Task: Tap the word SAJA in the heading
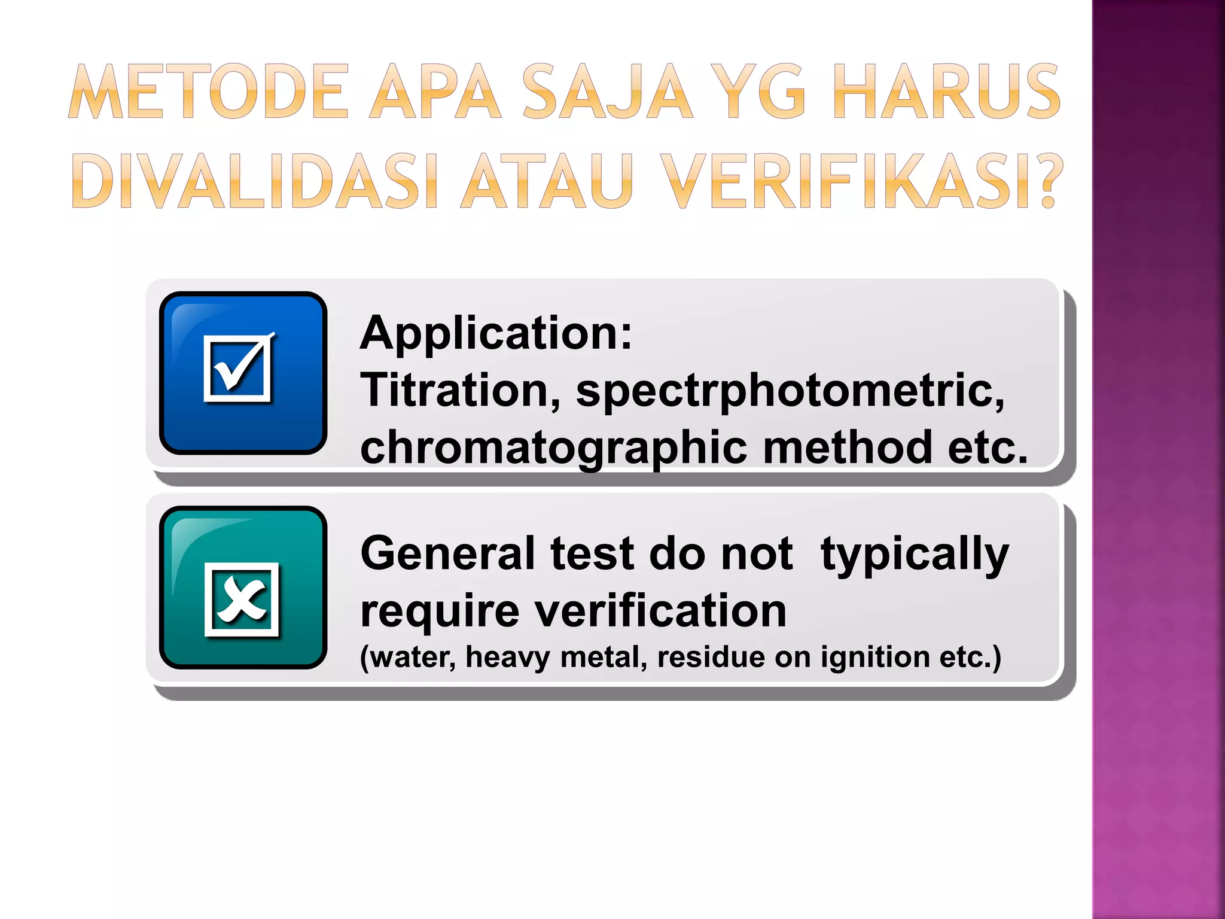pos(608,92)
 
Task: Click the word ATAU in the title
pos(547,181)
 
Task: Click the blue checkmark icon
pos(243,373)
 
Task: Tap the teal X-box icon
pos(243,588)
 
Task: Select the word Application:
pos(496,333)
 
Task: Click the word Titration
pos(461,390)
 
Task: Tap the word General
pos(447,553)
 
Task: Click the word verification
pos(660,611)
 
